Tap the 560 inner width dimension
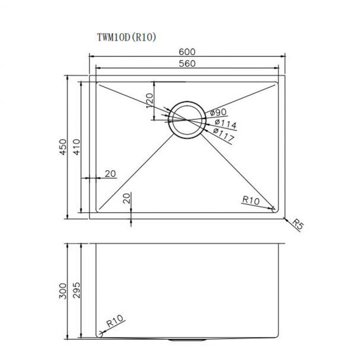pos(189,63)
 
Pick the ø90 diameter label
pos(218,113)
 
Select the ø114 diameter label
pos(224,124)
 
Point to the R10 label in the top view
pos(252,200)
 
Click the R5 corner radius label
pos(298,226)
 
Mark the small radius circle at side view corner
pos(101,334)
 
